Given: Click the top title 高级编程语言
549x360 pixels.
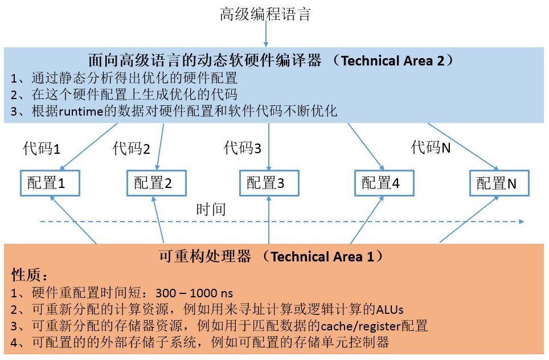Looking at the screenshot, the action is (x=265, y=14).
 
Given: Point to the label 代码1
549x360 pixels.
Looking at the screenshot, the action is (x=42, y=149).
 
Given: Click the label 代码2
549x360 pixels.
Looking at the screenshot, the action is (x=132, y=149).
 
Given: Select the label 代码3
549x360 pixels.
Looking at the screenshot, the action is (x=243, y=148).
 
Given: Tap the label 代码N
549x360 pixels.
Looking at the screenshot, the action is (x=431, y=147).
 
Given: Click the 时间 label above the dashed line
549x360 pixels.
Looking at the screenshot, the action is (x=211, y=210).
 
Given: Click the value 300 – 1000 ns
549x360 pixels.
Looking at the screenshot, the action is (x=194, y=293).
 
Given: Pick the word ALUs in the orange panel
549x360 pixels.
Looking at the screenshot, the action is (x=390, y=309).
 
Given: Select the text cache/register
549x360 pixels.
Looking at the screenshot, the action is (x=360, y=326).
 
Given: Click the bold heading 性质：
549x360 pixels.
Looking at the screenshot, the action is (x=30, y=275).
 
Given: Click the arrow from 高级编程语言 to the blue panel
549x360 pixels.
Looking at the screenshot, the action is (x=266, y=34).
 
